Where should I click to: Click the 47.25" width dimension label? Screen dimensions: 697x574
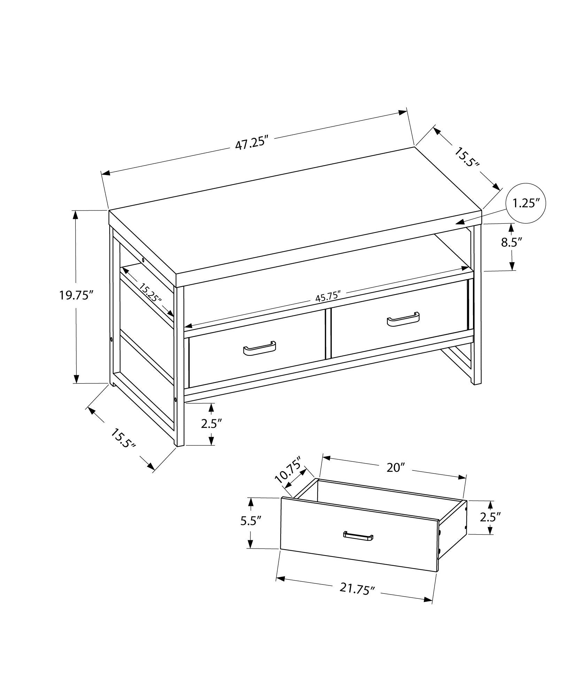pyautogui.click(x=253, y=143)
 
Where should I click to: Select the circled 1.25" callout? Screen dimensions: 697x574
pyautogui.click(x=526, y=203)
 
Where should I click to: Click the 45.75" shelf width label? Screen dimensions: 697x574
pyautogui.click(x=327, y=297)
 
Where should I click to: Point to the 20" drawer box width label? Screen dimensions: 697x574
pyautogui.click(x=395, y=468)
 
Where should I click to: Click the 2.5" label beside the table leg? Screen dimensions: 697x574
pyautogui.click(x=211, y=424)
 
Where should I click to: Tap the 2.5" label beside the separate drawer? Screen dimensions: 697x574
pyautogui.click(x=490, y=517)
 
